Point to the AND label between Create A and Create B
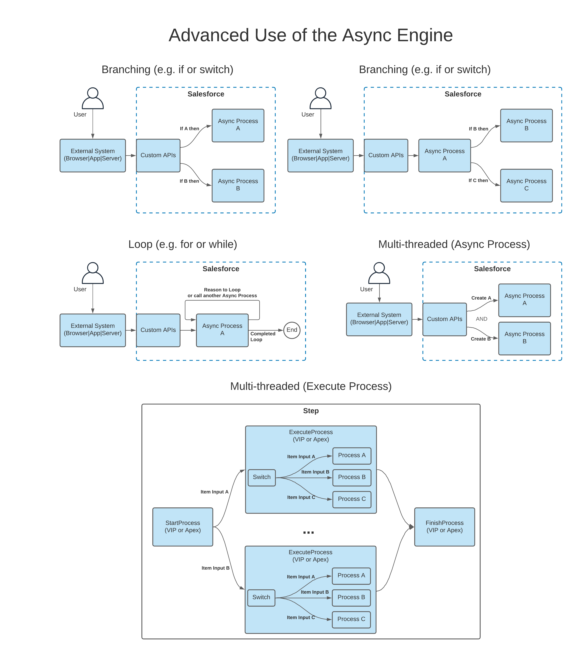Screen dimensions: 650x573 point(481,319)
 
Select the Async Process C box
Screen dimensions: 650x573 point(526,185)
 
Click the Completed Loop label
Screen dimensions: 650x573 point(262,336)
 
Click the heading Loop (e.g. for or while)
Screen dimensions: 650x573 point(183,244)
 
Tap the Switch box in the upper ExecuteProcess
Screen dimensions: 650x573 point(261,477)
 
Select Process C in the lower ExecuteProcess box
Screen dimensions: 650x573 point(351,619)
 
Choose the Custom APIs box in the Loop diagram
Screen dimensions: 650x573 point(158,330)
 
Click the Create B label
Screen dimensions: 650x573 point(480,339)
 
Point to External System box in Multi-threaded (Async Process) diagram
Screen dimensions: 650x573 point(379,319)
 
